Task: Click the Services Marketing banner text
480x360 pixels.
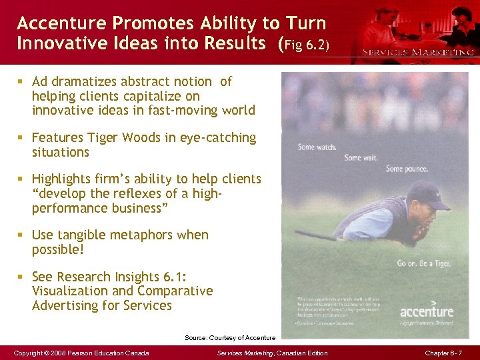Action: pyautogui.click(x=418, y=51)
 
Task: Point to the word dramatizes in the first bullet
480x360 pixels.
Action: pyautogui.click(x=87, y=82)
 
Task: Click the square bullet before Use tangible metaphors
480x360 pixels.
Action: pyautogui.click(x=21, y=235)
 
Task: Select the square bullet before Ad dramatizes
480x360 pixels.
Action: pyautogui.click(x=21, y=82)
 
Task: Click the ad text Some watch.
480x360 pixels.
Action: pyautogui.click(x=316, y=147)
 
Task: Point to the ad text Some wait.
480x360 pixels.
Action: pyautogui.click(x=361, y=158)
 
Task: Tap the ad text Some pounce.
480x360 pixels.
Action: pyautogui.click(x=407, y=169)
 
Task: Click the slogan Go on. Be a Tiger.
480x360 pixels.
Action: pyautogui.click(x=423, y=263)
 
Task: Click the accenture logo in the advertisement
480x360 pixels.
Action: pyautogui.click(x=426, y=311)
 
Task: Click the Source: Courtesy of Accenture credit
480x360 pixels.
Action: pyautogui.click(x=230, y=338)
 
